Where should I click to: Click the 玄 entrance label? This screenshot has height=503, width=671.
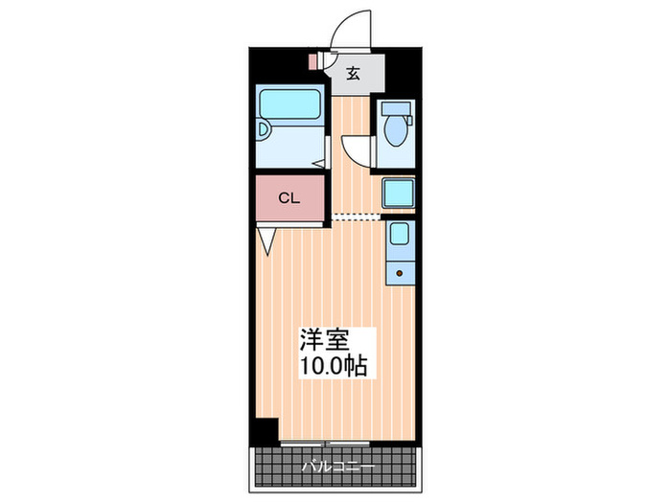[354, 73]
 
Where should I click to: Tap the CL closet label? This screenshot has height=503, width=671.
[289, 198]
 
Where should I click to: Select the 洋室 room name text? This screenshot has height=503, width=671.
[324, 340]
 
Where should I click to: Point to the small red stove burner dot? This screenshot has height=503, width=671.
[398, 273]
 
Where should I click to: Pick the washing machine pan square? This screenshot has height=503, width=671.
[397, 193]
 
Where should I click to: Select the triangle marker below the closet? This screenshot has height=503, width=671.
[266, 240]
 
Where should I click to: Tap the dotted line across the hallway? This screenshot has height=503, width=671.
[356, 216]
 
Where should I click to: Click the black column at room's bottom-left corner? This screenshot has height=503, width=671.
[266, 429]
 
